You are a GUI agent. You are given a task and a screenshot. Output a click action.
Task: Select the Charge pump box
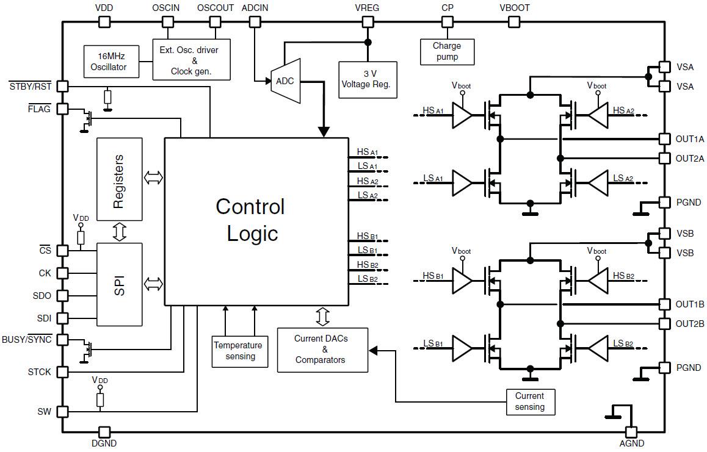click(447, 52)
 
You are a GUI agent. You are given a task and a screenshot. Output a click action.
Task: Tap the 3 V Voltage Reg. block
click(368, 79)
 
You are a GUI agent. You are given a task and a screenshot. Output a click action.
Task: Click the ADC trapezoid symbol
click(286, 81)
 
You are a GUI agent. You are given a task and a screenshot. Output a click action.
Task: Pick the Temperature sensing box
click(240, 351)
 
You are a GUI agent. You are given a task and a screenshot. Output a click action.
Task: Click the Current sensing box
click(531, 401)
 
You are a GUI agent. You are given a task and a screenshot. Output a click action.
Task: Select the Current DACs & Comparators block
click(322, 350)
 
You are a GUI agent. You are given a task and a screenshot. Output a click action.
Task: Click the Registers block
click(119, 179)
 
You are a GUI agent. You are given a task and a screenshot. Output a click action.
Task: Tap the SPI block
click(119, 284)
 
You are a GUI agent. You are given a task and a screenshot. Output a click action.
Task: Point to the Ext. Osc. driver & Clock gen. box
click(192, 60)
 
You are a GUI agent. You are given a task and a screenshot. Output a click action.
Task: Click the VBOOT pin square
click(515, 22)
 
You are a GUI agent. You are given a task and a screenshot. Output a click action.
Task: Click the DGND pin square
click(104, 432)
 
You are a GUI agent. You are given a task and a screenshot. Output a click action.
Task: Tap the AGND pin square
click(631, 432)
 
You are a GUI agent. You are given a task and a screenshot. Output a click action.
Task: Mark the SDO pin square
click(62, 295)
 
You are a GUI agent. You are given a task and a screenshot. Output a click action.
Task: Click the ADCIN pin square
click(255, 22)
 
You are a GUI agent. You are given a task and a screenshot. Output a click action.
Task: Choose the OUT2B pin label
click(690, 323)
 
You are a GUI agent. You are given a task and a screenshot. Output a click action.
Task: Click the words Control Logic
click(250, 220)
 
